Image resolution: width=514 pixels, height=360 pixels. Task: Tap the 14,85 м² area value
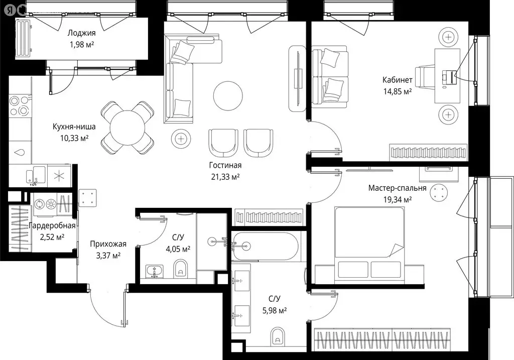[397, 91]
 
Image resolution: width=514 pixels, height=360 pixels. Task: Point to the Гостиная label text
[225, 165]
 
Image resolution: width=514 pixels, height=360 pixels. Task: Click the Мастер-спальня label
[397, 188]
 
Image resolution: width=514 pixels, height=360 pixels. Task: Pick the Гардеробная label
[52, 225]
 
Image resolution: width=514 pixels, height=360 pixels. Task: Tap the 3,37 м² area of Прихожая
[108, 256]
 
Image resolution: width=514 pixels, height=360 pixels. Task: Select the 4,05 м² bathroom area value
[178, 249]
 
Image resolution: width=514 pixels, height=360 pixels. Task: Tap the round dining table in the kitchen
[127, 128]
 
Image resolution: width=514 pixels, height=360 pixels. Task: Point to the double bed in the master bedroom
[369, 243]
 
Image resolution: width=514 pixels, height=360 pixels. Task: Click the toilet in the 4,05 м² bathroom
[181, 270]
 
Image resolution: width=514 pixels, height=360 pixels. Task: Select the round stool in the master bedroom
[440, 192]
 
